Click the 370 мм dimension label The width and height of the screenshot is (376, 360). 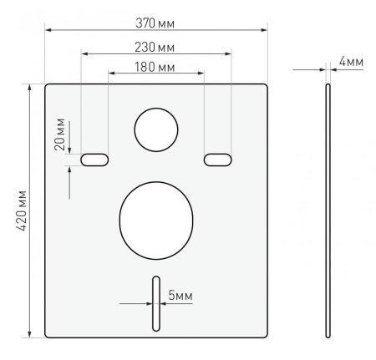coord(155,23)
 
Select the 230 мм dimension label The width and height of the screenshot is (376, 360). coord(155,48)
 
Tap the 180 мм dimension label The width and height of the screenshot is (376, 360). coord(155,67)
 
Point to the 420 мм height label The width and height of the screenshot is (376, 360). coord(21,210)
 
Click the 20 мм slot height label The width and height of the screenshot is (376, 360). coord(59,134)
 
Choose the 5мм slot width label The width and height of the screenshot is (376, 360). coord(180,295)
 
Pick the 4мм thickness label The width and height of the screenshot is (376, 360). coord(351,62)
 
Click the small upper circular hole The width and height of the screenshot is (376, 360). coord(156,129)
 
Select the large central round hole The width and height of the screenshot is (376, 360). coord(156,221)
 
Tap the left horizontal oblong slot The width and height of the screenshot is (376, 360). coord(94,160)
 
